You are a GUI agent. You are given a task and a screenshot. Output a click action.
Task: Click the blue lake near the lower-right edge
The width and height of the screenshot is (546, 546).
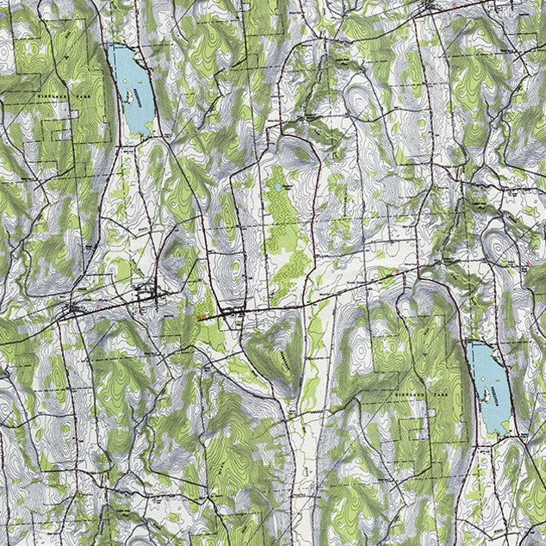tap(488, 388)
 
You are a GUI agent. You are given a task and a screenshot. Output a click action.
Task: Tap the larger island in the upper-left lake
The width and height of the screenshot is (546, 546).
tap(132, 97)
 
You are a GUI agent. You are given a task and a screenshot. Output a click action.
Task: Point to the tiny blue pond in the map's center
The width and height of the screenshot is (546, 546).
tap(277, 185)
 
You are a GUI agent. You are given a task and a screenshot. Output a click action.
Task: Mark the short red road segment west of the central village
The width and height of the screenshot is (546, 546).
tap(207, 318)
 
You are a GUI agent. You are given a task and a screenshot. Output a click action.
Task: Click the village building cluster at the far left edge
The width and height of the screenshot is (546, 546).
tap(72, 307)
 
